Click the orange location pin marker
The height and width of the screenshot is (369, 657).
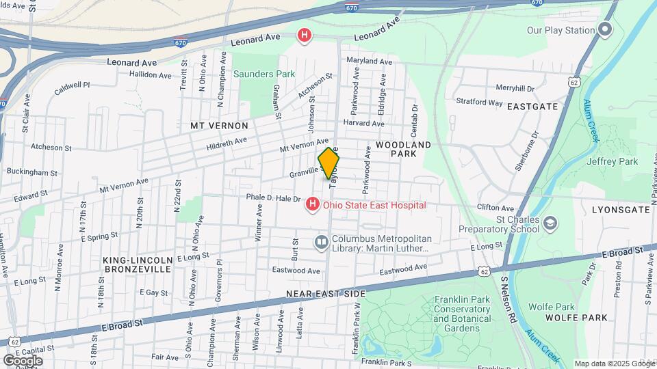tap(329, 163)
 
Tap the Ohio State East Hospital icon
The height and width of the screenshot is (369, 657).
tap(313, 204)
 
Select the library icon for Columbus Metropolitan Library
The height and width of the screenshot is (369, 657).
tap(322, 243)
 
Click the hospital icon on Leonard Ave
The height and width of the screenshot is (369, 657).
tap(305, 34)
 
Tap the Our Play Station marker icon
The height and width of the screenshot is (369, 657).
tap(604, 29)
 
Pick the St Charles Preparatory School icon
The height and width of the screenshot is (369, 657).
tap(550, 223)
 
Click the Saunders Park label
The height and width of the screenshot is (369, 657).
tap(263, 74)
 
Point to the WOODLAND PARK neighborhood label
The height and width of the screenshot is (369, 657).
tap(403, 149)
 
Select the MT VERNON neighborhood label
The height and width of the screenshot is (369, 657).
tap(219, 126)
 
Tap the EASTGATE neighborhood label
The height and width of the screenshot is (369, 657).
tap(532, 107)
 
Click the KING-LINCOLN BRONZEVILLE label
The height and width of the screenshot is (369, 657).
tap(138, 264)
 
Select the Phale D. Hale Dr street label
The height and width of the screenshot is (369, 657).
tap(274, 198)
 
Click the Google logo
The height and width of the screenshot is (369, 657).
tap(23, 360)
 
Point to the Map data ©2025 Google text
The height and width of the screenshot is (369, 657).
tap(615, 364)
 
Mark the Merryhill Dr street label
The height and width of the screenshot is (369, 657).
tap(514, 88)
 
